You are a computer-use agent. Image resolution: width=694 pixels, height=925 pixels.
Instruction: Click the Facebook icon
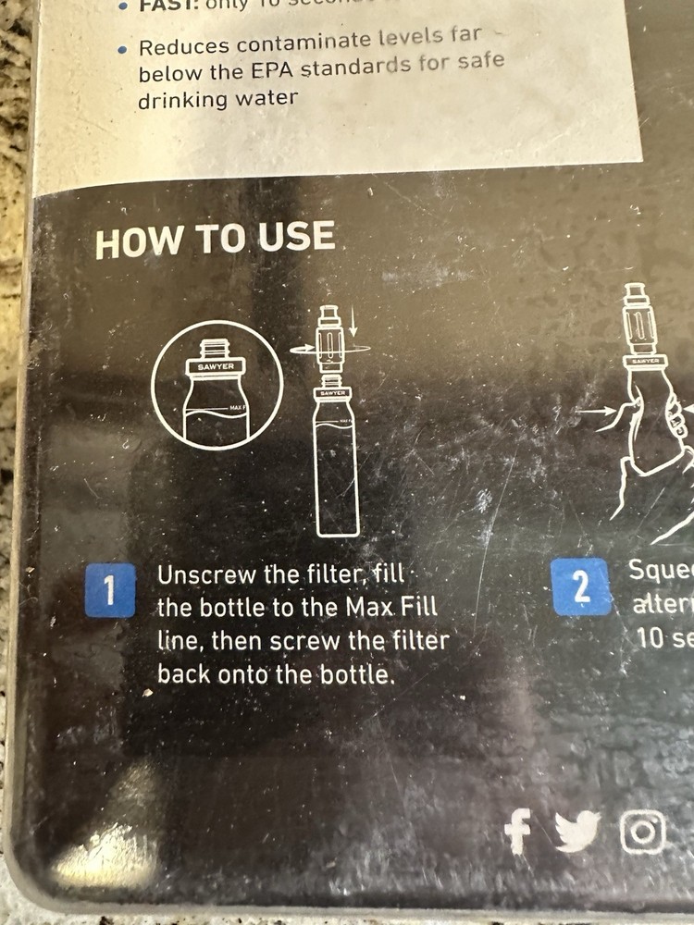click(519, 830)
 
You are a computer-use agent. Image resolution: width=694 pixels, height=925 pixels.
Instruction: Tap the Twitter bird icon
click(577, 831)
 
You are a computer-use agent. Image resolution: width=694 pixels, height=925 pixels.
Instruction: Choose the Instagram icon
click(643, 831)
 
